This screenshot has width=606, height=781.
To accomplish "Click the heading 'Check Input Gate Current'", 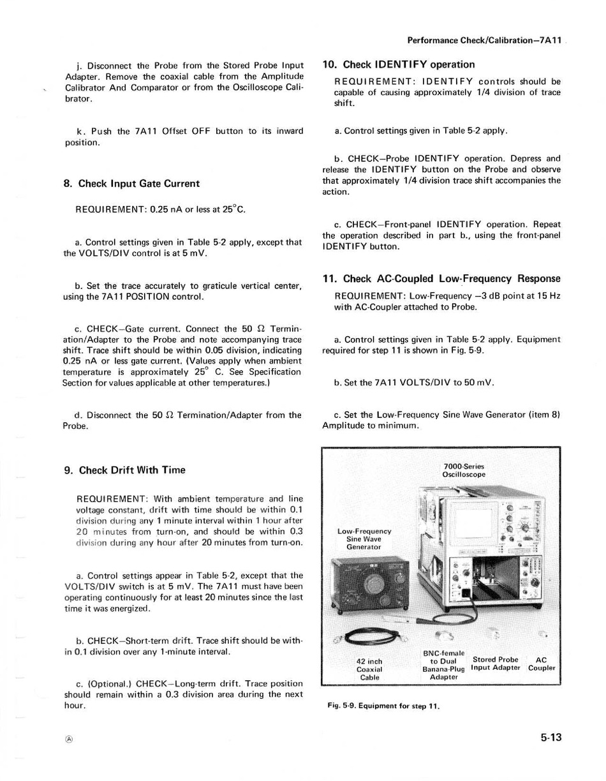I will (131, 184).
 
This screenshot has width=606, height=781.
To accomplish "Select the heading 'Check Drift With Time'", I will (124, 470).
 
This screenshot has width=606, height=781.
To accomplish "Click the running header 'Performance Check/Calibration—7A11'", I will (484, 41).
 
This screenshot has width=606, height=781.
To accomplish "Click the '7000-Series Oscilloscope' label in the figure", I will (464, 470).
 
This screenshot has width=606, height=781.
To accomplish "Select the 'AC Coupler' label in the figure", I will (542, 664).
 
